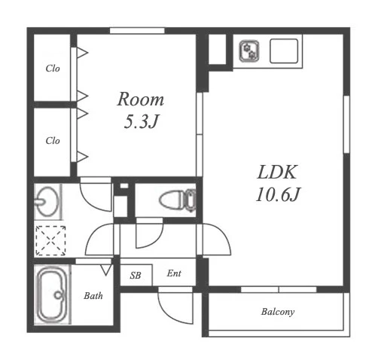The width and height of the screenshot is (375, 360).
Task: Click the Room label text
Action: [x=141, y=99]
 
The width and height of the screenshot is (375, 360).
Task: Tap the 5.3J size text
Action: [x=142, y=121]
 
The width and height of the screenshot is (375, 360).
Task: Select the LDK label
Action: [x=277, y=172]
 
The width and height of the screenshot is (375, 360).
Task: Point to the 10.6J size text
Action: [x=278, y=194]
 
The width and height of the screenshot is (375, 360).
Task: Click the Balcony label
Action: [x=278, y=312]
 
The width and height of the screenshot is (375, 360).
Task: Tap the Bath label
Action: [x=93, y=296]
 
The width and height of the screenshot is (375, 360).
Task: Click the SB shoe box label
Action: [x=136, y=276]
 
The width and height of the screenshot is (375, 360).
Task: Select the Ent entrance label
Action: [x=174, y=273]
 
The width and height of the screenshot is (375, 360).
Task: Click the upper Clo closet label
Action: [x=53, y=69]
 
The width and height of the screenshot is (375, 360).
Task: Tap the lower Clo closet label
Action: [x=53, y=141]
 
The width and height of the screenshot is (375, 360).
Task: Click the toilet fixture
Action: [x=178, y=200]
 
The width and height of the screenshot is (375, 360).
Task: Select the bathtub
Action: [x=52, y=294]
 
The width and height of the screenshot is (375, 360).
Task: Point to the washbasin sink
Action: [x=47, y=202]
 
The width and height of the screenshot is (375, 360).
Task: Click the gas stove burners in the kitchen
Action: [x=249, y=51]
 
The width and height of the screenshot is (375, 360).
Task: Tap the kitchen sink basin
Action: [x=284, y=50]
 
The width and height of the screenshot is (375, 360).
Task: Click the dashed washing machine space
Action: [x=50, y=241]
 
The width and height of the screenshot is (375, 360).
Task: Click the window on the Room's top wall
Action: [x=137, y=31]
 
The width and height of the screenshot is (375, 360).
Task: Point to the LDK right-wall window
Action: [x=346, y=124]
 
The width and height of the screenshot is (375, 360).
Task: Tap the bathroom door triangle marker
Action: [x=106, y=270]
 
